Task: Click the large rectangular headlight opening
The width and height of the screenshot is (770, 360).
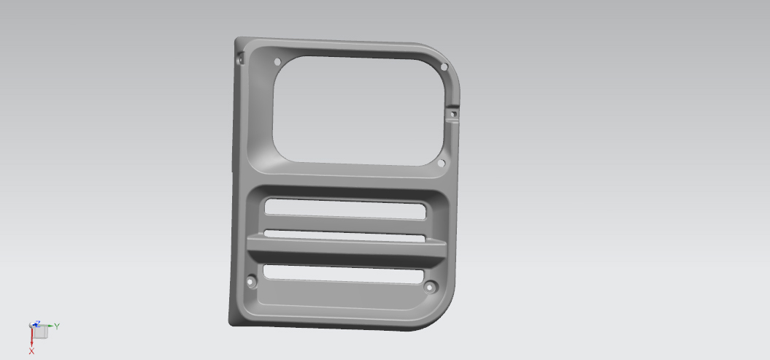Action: (x=358, y=110)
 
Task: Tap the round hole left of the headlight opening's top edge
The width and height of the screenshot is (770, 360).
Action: (x=277, y=62)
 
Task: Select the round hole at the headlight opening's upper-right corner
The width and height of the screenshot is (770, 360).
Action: (x=444, y=66)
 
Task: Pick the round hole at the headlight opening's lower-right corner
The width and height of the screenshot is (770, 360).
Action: (x=441, y=163)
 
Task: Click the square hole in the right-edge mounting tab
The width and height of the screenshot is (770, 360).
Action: (x=454, y=115)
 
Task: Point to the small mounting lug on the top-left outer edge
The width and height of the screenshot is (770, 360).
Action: (x=240, y=58)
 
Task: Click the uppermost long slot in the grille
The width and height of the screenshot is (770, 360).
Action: (x=345, y=208)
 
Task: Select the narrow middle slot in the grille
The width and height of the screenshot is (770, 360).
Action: (x=344, y=236)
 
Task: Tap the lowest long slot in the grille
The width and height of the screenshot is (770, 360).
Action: (x=343, y=274)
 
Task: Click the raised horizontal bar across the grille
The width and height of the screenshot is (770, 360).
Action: (x=346, y=250)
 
